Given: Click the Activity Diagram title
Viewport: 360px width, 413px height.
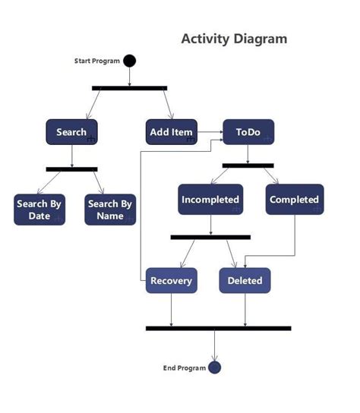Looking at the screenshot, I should (234, 39).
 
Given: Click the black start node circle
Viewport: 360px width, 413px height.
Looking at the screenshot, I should (129, 61).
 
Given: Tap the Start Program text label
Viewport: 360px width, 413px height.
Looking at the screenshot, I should (97, 61).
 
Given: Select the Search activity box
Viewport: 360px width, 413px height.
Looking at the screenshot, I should (71, 132).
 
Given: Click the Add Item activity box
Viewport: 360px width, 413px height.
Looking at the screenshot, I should (172, 132).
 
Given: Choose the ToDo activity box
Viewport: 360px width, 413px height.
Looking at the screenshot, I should (248, 132).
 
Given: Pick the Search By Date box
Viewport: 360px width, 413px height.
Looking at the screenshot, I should (39, 210).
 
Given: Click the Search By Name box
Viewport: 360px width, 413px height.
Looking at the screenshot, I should (110, 210).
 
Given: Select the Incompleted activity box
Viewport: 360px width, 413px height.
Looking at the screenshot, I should (210, 200).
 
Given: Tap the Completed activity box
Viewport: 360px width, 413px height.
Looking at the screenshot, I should (295, 200).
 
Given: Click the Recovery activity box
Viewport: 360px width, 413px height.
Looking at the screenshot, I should (171, 280).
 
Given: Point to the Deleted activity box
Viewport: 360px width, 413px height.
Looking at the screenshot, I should (245, 280).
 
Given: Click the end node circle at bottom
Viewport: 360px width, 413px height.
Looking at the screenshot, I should (214, 367).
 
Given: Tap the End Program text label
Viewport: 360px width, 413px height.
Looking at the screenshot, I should (185, 368).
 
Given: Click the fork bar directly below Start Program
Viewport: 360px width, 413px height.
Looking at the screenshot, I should (129, 88).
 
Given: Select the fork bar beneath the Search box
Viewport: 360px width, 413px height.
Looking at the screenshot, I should (71, 169).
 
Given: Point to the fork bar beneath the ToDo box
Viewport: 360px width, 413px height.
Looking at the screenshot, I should (248, 165).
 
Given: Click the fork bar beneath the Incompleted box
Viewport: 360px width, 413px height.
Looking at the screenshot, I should (210, 237).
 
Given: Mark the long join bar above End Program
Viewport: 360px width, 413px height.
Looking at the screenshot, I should (218, 328).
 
